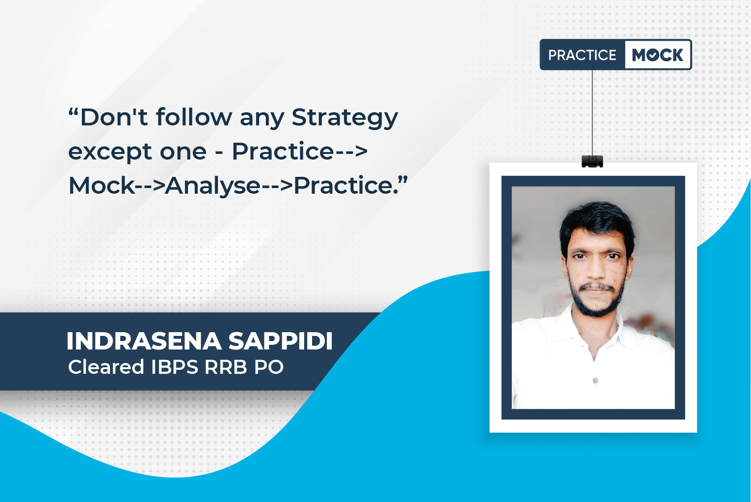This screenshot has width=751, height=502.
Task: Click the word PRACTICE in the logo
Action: [x=582, y=55]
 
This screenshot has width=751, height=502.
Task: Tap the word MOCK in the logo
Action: [x=657, y=55]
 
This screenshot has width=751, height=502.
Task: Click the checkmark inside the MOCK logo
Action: [x=653, y=55]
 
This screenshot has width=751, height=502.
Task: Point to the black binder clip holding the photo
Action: [x=592, y=161]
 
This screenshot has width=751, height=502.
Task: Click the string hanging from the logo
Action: [x=592, y=113]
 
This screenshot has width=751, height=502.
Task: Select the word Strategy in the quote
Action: [x=345, y=118]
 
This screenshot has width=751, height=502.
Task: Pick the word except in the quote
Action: [x=110, y=153]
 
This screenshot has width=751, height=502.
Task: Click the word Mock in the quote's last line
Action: [x=102, y=185]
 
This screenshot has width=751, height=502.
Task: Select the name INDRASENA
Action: [x=144, y=341]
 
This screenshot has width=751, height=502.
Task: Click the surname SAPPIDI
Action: [x=280, y=341]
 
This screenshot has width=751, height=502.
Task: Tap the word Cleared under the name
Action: [x=106, y=367]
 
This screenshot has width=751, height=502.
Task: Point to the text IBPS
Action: [x=175, y=367]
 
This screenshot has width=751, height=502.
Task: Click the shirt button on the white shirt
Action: [x=596, y=381]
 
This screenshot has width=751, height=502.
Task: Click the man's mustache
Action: [x=597, y=287]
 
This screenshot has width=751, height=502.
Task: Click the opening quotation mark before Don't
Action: [x=73, y=112]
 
